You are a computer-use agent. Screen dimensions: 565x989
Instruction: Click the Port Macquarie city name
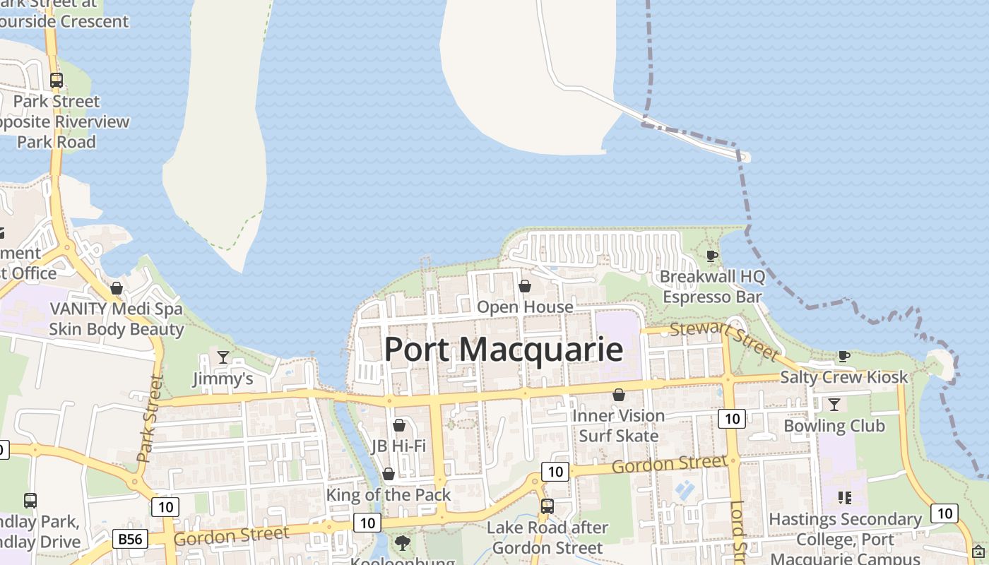504,350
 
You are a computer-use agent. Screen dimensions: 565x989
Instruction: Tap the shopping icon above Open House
525,286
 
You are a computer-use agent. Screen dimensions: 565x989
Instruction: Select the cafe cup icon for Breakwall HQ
712,255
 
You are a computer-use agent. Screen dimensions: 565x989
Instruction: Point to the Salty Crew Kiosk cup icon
843,356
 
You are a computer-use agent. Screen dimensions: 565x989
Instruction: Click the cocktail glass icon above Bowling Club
834,405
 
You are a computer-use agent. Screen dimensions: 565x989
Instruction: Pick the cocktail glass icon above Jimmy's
223,357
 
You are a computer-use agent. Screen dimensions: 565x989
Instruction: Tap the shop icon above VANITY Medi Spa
117,288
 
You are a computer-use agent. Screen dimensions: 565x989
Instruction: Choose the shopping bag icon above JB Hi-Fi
399,425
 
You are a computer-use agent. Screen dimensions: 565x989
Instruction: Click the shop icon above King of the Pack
388,474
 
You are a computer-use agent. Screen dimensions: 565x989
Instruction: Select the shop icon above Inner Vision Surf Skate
619,395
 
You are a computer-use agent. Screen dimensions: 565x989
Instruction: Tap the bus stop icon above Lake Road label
547,506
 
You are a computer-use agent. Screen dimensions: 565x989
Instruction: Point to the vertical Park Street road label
150,418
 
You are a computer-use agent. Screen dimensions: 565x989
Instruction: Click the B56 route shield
130,540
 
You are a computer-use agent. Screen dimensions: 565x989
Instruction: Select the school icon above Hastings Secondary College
844,498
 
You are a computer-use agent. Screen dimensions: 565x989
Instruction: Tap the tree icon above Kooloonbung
403,543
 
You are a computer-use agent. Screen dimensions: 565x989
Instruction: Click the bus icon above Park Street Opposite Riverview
57,81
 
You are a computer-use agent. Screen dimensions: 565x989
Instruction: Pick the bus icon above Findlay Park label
30,501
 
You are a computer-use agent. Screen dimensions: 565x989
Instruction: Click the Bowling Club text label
834,426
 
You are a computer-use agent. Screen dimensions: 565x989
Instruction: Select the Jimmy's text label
223,379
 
